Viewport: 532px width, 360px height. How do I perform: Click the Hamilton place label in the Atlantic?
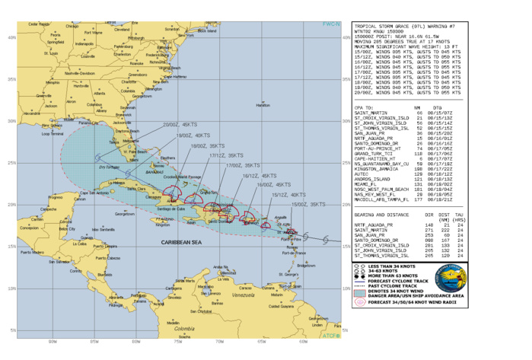tap(263, 106)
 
